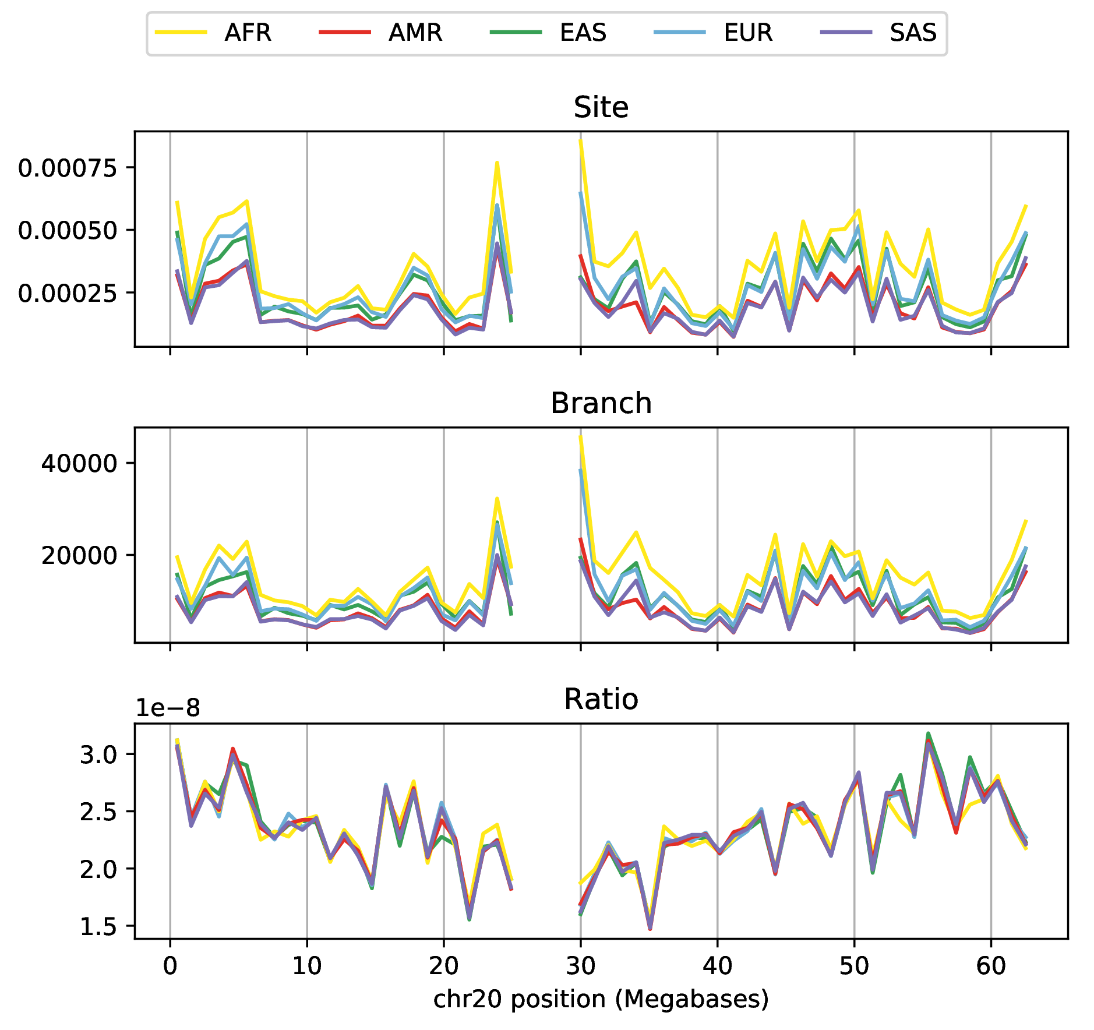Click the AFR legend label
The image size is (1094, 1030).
click(248, 33)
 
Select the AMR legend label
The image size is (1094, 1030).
click(415, 33)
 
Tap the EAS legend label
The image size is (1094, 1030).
click(583, 33)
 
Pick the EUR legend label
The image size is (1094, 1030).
click(749, 33)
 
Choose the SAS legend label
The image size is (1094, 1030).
click(913, 33)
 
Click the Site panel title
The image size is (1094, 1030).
click(601, 108)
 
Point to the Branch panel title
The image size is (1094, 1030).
click(601, 404)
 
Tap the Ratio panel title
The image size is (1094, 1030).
click(601, 699)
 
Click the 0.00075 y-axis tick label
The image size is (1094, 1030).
click(68, 168)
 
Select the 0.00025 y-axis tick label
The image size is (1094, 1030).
click(68, 293)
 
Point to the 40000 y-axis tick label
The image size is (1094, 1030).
click(79, 464)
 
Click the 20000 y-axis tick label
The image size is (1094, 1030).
click(79, 556)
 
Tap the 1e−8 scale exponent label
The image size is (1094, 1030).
click(168, 708)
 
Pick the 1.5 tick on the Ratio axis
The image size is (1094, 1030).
click(98, 927)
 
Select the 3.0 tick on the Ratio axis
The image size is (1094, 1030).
click(98, 755)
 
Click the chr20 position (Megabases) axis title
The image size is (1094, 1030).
click(601, 999)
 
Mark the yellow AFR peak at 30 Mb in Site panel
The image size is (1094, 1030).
click(581, 141)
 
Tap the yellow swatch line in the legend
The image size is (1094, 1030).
click(181, 33)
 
